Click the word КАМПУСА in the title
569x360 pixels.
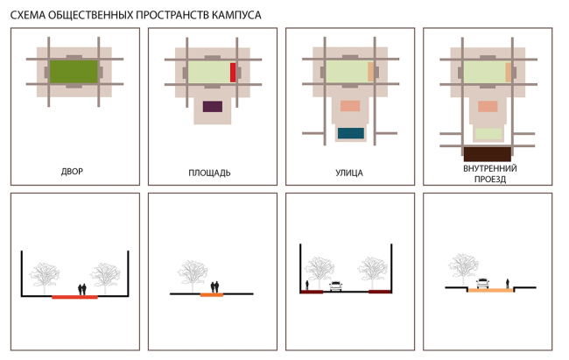pos(236,15)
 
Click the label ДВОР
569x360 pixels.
pos(72,172)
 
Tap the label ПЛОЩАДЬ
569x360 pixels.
pos(209,173)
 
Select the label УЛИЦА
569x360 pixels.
pos(349,173)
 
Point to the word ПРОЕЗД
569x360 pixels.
pos(490,179)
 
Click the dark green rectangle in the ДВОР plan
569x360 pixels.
pos(74,72)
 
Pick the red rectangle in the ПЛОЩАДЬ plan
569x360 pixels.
pos(233,73)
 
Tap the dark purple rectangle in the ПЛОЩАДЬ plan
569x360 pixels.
pos(213,107)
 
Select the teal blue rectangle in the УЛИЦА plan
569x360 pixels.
pos(351,133)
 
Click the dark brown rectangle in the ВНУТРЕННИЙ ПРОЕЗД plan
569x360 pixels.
pos(488,154)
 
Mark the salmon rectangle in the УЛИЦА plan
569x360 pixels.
pos(350,106)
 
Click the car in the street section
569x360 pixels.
pos(335,286)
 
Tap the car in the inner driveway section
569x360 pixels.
pos(482,283)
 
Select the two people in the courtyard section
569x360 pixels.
pos(82,290)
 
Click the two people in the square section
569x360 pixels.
pos(214,287)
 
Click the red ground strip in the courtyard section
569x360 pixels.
pos(74,297)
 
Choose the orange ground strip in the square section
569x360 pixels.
pos(212,295)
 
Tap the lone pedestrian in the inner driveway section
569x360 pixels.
pos(508,283)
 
